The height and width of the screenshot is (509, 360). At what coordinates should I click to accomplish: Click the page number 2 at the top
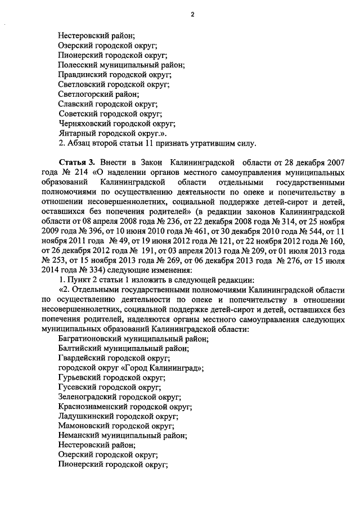pyautogui.click(x=192, y=16)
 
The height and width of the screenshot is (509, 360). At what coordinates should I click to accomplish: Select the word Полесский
pyautogui.click(x=79, y=65)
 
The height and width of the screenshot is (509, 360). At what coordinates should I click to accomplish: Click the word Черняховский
pyautogui.click(x=85, y=124)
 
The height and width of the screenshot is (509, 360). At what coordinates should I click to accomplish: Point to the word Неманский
pyautogui.click(x=78, y=436)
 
